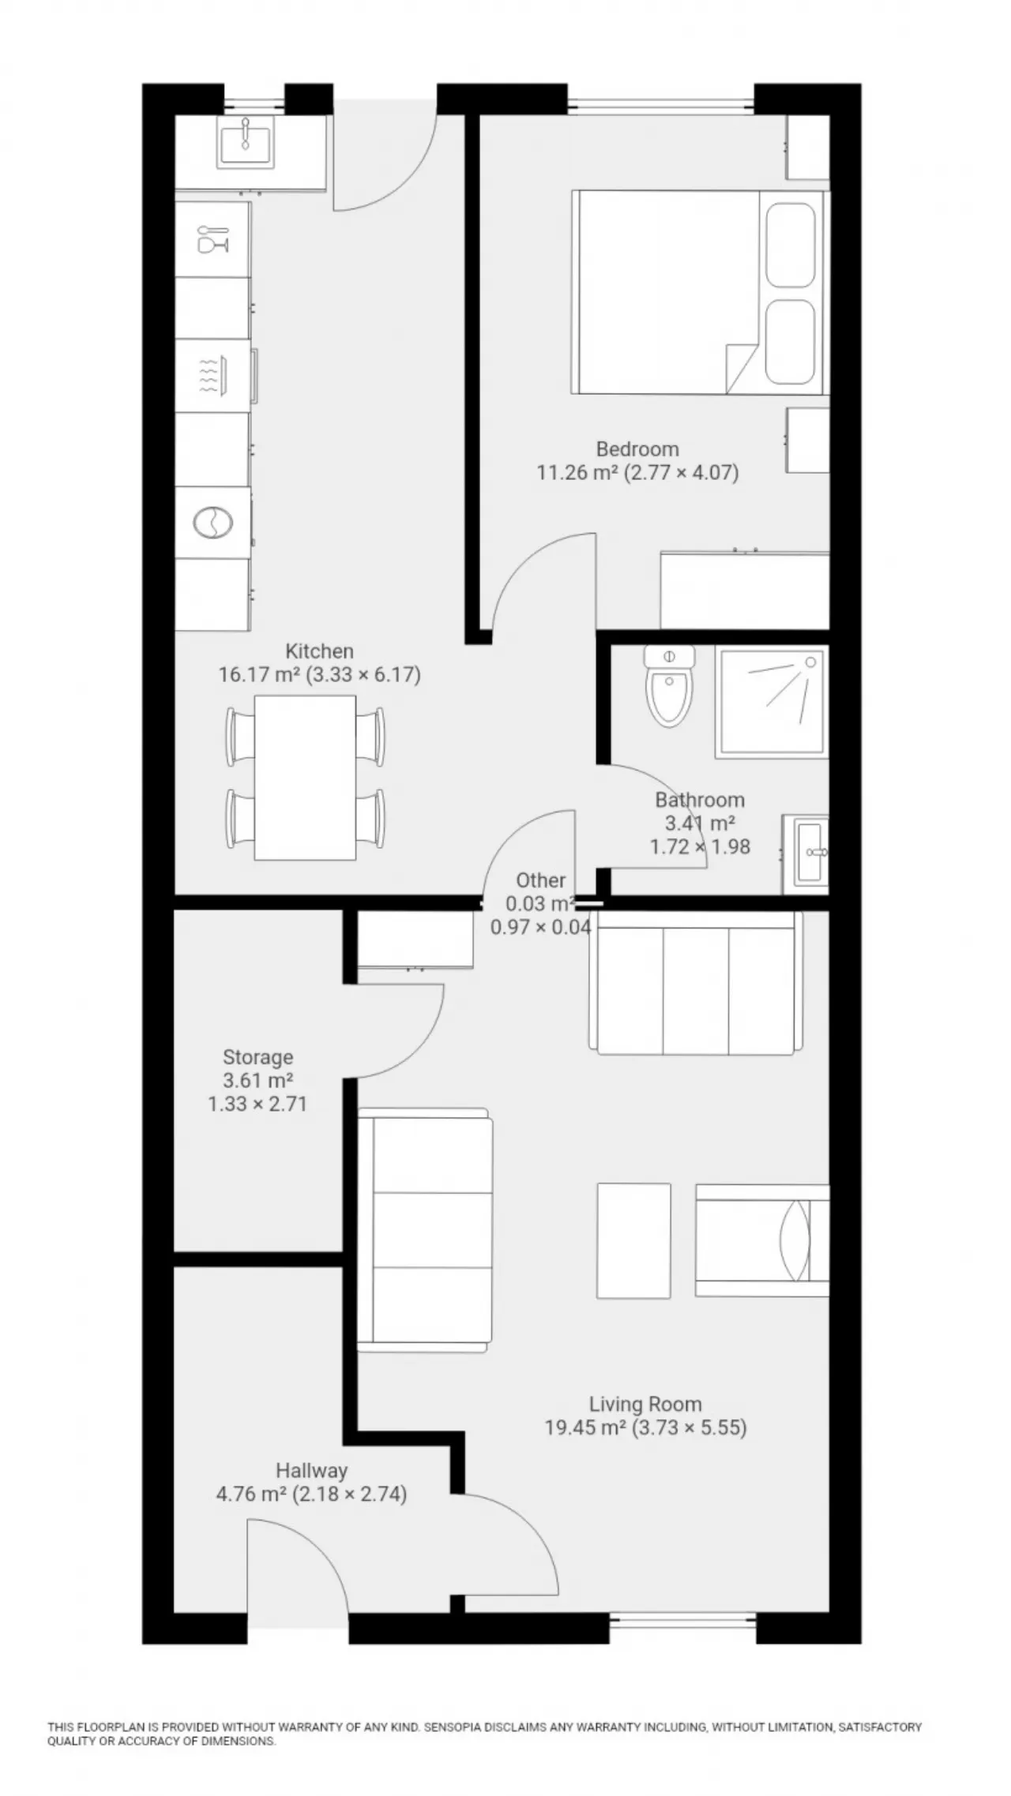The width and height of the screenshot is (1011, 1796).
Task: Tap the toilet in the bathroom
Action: [669, 684]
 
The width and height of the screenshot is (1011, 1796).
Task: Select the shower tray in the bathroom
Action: [772, 702]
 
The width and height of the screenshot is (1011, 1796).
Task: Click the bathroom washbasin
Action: [806, 855]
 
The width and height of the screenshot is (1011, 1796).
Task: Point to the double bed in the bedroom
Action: [699, 292]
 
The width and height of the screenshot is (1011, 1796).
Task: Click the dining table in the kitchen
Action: [305, 778]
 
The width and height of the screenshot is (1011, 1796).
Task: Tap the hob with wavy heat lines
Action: [213, 376]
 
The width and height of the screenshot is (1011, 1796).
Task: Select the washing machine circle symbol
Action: [213, 523]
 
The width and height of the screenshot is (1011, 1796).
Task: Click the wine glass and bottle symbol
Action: [213, 239]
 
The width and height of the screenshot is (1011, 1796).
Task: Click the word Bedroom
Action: [637, 449]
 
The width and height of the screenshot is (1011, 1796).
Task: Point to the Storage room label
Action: [257, 1057]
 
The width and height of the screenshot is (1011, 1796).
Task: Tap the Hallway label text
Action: [311, 1471]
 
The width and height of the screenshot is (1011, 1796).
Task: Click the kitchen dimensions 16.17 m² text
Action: [259, 675]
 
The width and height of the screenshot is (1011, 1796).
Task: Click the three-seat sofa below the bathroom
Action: [695, 983]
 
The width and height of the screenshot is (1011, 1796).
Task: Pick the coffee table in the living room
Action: [633, 1240]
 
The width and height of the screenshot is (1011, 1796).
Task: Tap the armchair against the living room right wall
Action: [762, 1240]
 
